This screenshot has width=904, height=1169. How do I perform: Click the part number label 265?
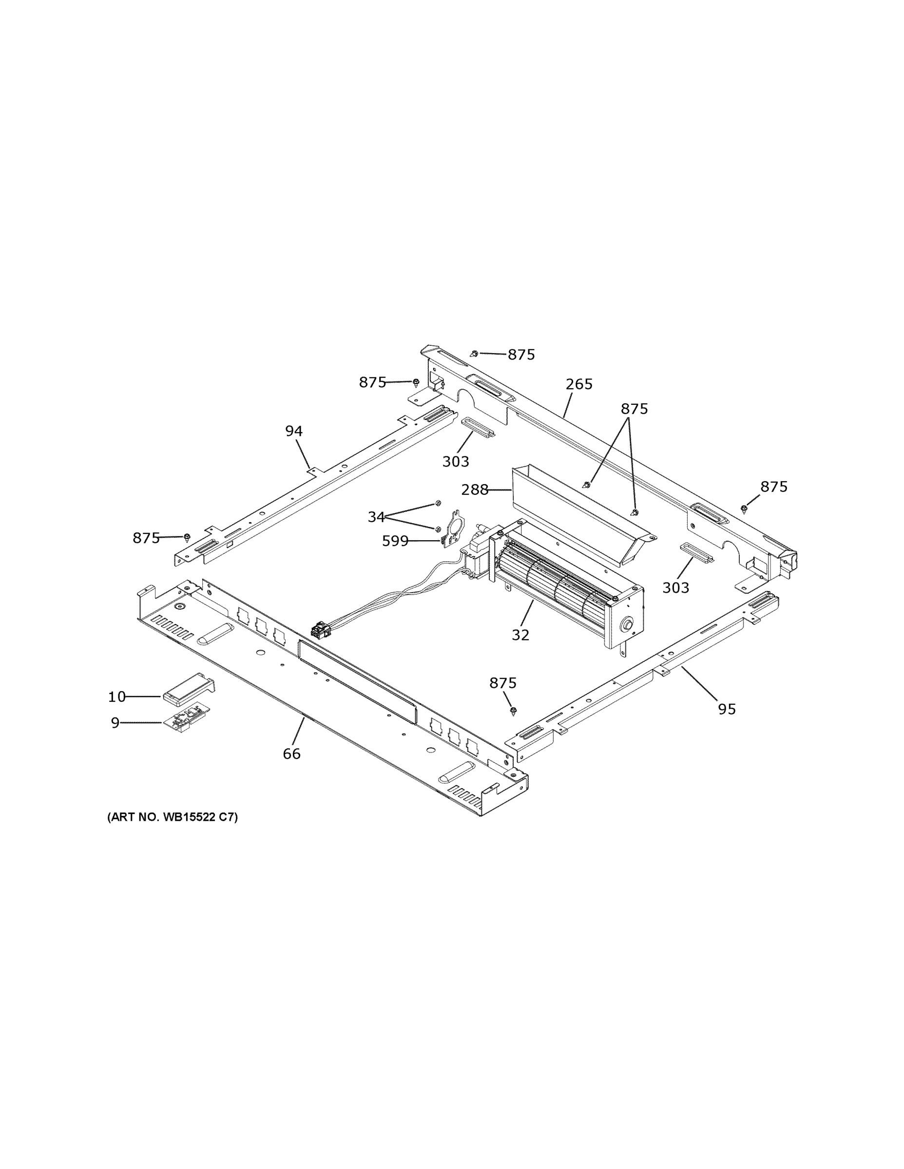click(579, 384)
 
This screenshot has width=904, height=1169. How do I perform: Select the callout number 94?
click(293, 431)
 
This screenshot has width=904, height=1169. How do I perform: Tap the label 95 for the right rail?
click(727, 709)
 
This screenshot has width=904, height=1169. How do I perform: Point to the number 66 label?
click(292, 754)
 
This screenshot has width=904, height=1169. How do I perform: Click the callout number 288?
click(475, 490)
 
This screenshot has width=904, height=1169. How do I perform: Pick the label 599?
click(395, 542)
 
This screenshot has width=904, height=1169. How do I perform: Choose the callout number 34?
click(376, 517)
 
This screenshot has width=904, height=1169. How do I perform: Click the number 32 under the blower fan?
click(520, 635)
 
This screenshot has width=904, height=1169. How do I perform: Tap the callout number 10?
click(117, 697)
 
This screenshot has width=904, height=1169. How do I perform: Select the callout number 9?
click(115, 723)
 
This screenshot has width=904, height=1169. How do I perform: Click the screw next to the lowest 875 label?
click(514, 711)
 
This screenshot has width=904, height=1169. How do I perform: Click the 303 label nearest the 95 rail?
click(675, 588)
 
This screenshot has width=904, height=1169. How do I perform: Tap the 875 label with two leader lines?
click(634, 409)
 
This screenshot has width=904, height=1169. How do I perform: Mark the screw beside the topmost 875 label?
click(475, 354)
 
